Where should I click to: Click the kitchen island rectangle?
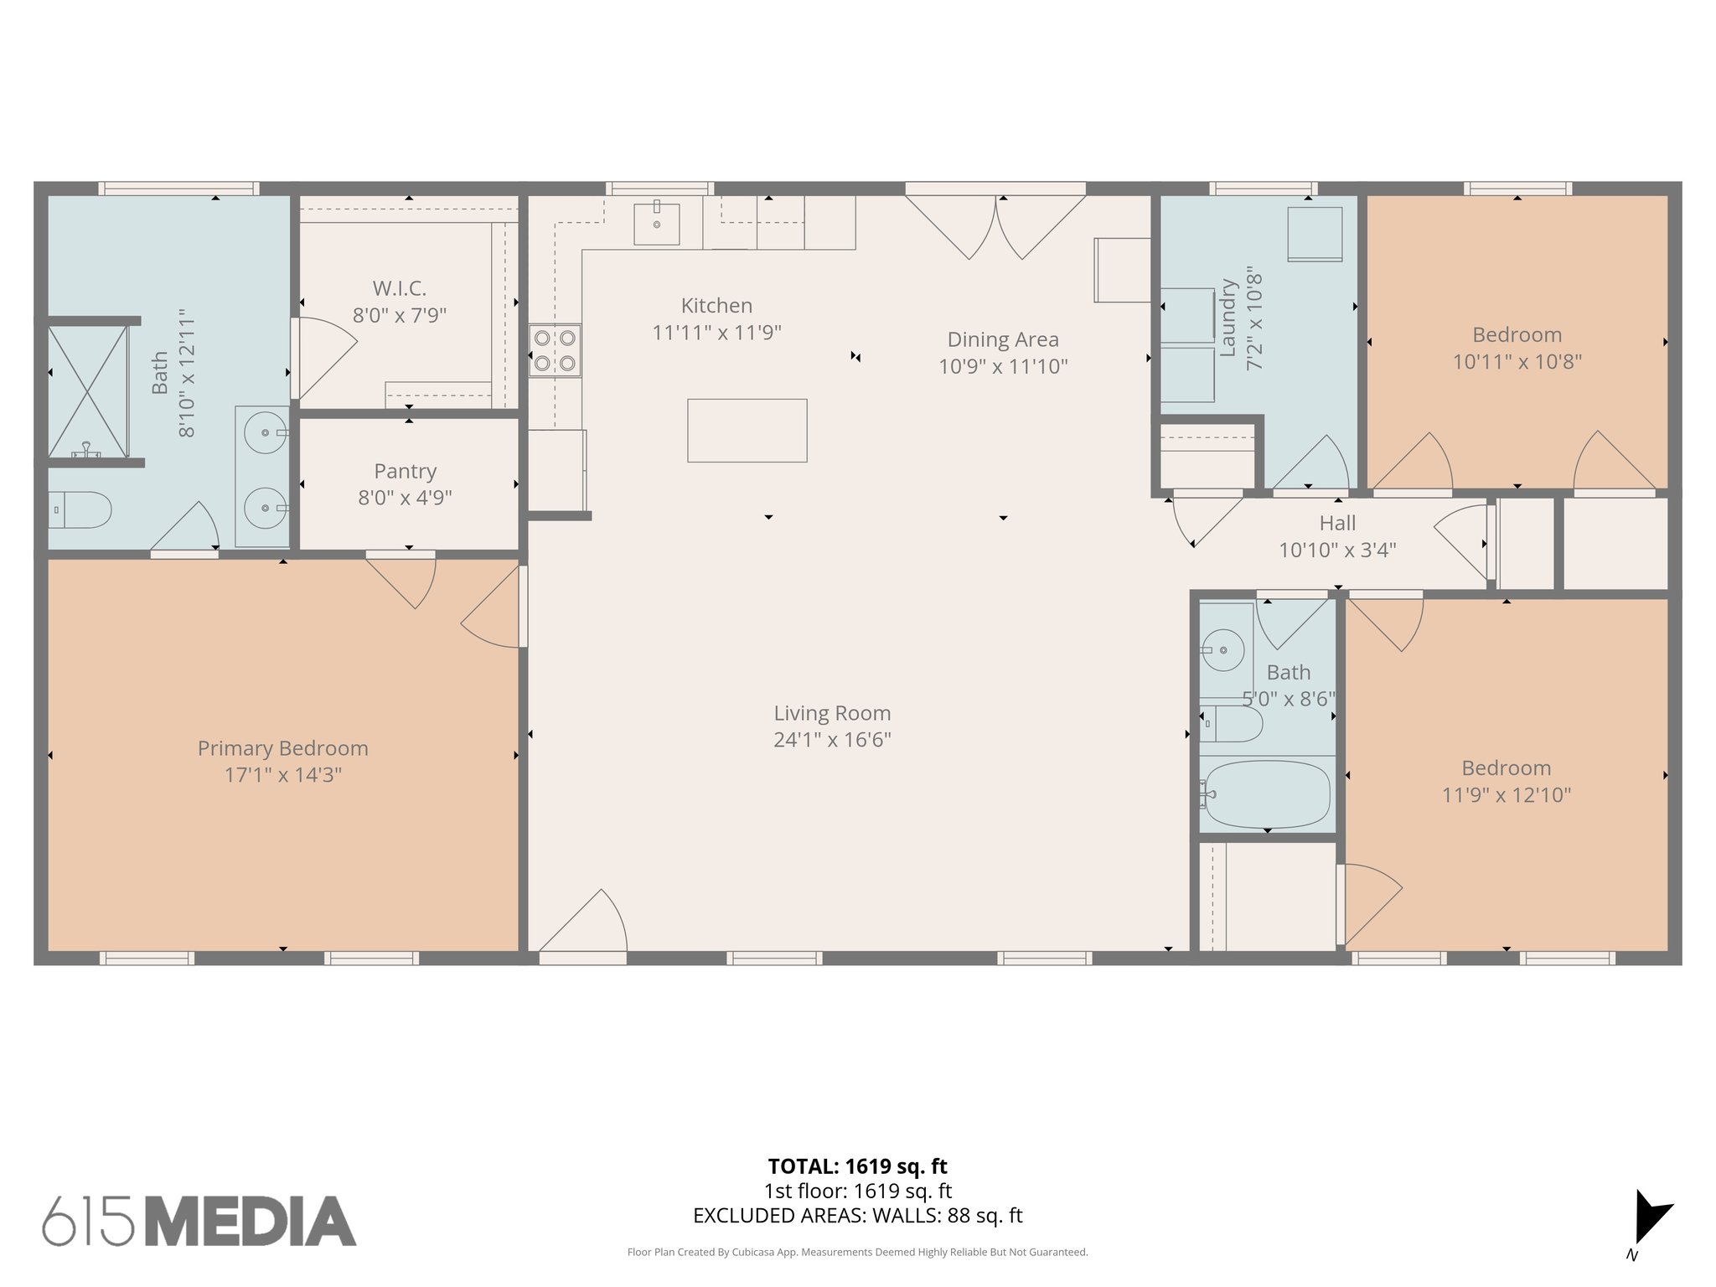tap(747, 431)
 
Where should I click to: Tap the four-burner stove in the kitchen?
tap(555, 350)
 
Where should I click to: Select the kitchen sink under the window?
tap(656, 223)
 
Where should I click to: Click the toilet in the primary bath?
tap(81, 509)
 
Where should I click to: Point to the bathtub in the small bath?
tap(1267, 793)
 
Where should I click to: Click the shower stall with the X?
tap(88, 391)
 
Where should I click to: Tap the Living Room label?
tap(831, 713)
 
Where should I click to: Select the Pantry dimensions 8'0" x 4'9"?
tap(405, 498)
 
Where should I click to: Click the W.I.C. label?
tap(400, 288)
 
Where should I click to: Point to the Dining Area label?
tap(1003, 339)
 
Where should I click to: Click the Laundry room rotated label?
tap(1228, 318)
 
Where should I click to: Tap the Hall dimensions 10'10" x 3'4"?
tap(1337, 550)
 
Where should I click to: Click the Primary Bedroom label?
tap(282, 748)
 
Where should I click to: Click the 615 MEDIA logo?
tap(199, 1221)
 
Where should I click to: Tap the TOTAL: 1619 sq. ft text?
tap(857, 1166)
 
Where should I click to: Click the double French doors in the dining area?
tap(995, 223)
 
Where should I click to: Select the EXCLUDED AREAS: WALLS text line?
tap(857, 1216)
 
